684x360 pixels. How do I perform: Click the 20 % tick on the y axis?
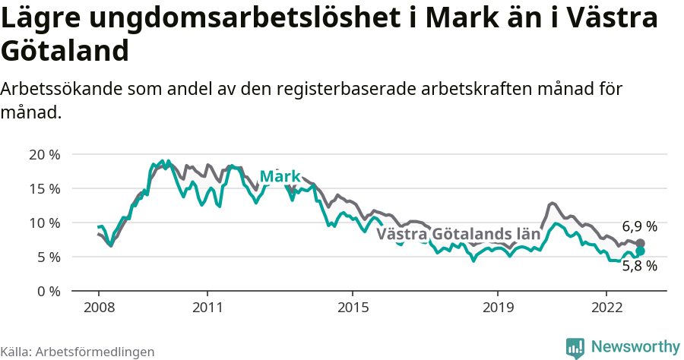[44, 154]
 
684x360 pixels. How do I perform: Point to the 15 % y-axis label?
[44, 188]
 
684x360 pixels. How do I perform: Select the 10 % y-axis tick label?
[44, 223]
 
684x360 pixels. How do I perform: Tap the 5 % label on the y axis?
[47, 257]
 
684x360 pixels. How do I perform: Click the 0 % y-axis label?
[47, 291]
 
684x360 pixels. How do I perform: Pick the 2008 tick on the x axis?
[99, 308]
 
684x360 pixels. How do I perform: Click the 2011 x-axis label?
[207, 308]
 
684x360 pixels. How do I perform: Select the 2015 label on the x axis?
[353, 308]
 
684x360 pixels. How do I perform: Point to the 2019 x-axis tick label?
[498, 308]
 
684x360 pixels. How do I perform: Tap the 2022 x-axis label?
[606, 308]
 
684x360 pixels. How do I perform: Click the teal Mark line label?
[280, 177]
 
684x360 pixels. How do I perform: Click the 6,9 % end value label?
[639, 226]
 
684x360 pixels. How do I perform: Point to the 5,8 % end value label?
[639, 266]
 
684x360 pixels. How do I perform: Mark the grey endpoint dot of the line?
[640, 243]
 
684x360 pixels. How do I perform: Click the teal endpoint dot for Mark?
[640, 251]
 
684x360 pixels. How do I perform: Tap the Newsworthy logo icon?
[575, 347]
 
